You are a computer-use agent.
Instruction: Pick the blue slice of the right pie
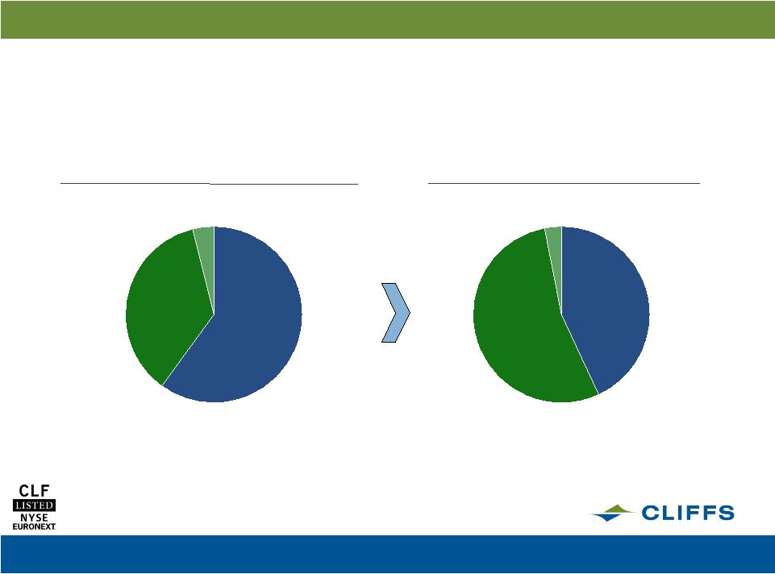(x=606, y=306)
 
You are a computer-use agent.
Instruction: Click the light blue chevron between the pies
(x=396, y=312)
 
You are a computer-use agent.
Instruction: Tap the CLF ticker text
(x=34, y=490)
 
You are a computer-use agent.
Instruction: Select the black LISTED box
(x=34, y=505)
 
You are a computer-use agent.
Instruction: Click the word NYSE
(x=34, y=518)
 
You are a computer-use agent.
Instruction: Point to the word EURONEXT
(x=34, y=526)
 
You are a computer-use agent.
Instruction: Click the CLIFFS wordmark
(x=688, y=513)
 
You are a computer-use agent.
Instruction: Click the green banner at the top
(x=387, y=19)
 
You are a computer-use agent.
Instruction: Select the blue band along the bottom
(x=387, y=554)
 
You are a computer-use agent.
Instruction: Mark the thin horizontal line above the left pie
(x=209, y=183)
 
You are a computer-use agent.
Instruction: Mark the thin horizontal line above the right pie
(x=564, y=183)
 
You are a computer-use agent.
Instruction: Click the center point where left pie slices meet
(x=214, y=314)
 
